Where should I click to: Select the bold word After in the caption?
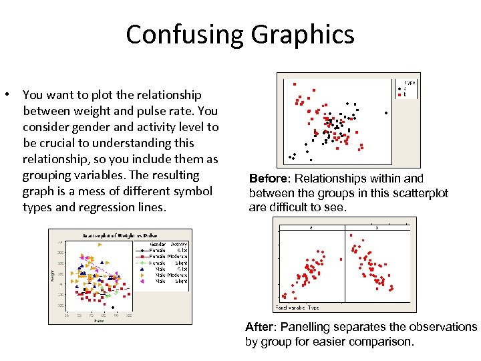pos(259,327)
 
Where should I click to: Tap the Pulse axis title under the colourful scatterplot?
pos(98,320)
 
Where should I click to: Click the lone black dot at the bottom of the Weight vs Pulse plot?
pos(113,308)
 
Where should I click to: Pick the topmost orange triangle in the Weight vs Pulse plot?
pos(99,245)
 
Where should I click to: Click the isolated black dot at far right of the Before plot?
pos(386,112)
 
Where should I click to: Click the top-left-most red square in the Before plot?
pos(295,84)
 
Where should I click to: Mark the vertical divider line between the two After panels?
pos(345,263)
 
